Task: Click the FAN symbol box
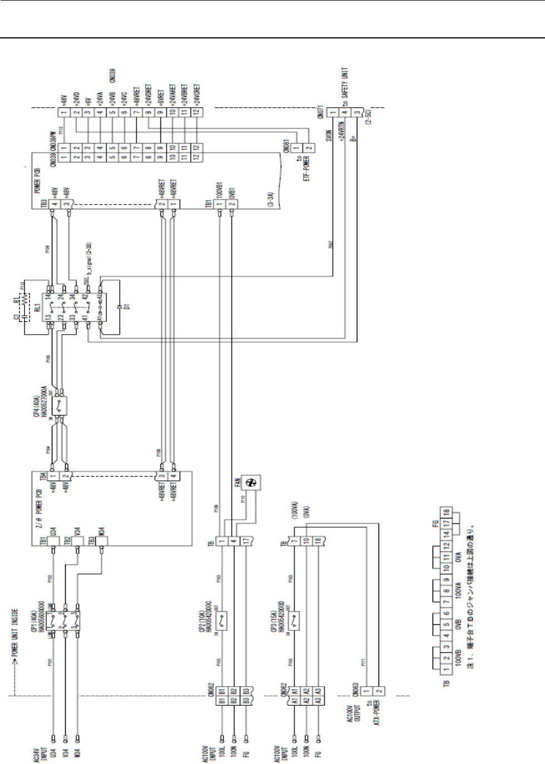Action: point(250,484)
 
